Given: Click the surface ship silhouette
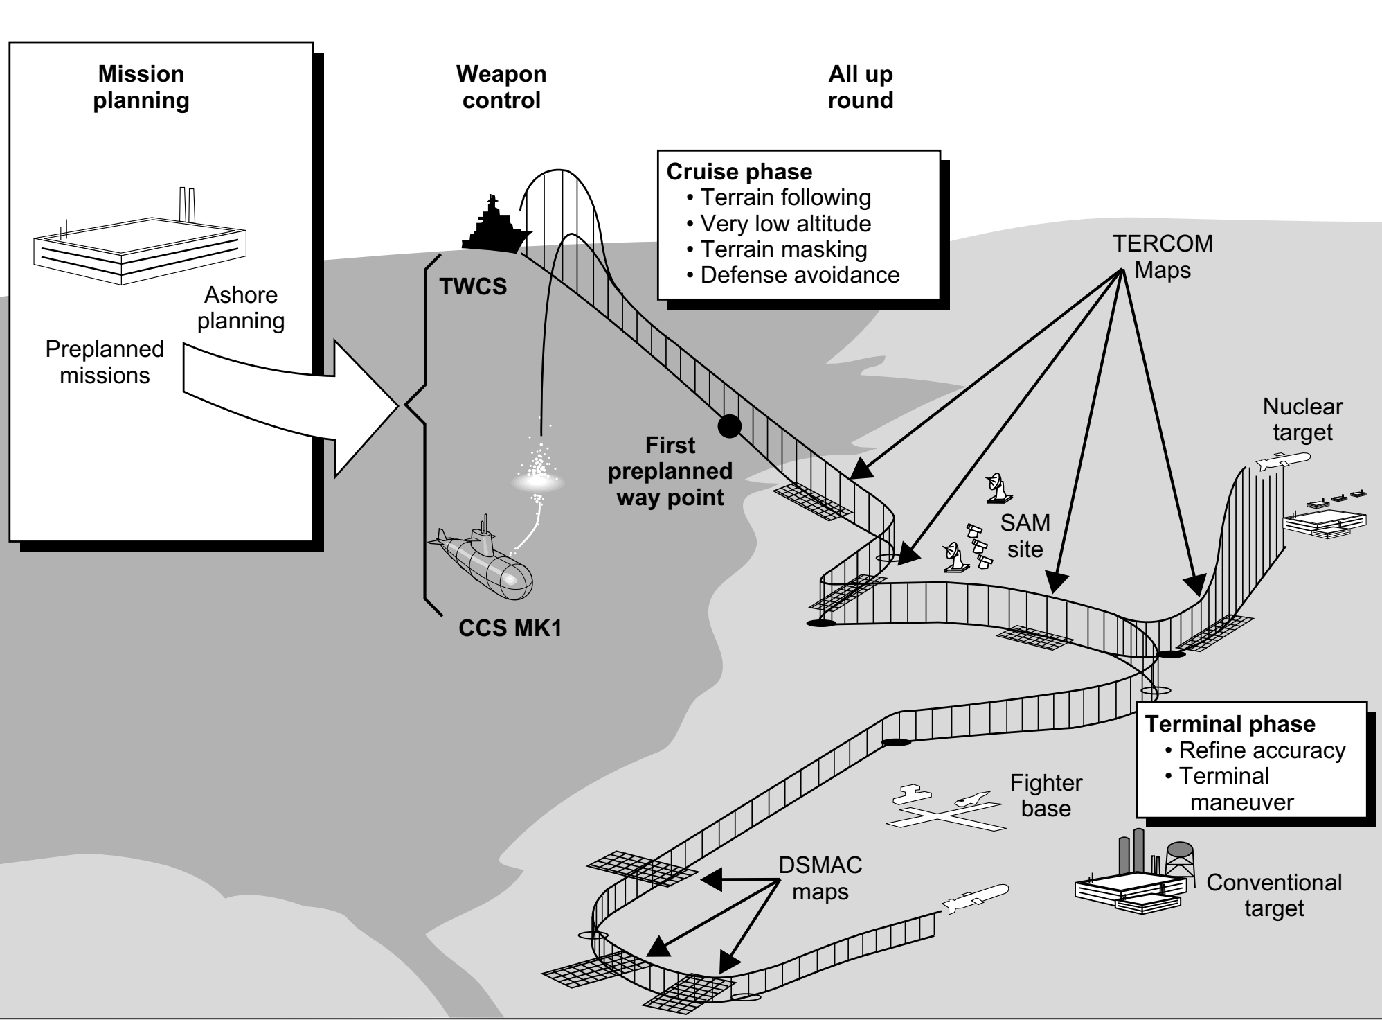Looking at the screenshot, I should click(495, 229).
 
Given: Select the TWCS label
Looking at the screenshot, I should click(474, 285).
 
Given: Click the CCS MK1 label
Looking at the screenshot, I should click(510, 628).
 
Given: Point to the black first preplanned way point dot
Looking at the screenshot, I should click(728, 426).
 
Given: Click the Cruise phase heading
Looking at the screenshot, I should click(739, 172).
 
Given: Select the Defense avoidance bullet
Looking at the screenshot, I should click(799, 275).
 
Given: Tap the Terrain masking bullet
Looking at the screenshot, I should click(783, 249).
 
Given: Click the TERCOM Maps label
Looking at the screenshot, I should click(1163, 256).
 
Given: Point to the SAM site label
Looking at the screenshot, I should click(1025, 536).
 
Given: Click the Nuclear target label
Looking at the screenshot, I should click(1302, 419).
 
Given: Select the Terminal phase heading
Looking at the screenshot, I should click(1230, 724).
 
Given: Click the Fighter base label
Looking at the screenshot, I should click(1046, 796).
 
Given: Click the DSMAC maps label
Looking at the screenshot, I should click(820, 878).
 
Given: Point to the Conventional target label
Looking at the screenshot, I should click(1274, 895).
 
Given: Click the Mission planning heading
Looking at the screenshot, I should click(141, 87).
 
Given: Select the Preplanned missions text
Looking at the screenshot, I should click(105, 362).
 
